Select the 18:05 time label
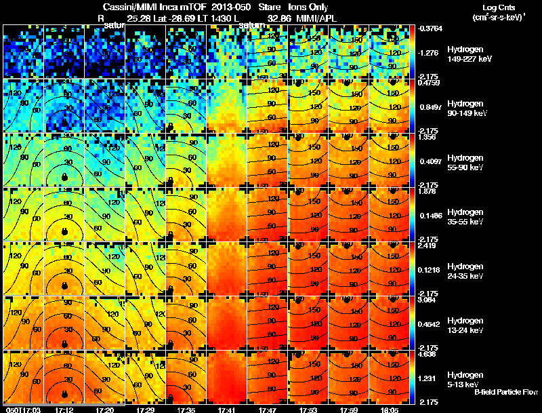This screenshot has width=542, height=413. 390,410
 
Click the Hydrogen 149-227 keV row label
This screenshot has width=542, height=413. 465,55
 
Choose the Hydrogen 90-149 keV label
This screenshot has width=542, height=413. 465,109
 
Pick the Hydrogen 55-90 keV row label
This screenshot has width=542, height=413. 465,163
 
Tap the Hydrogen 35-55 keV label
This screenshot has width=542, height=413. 465,217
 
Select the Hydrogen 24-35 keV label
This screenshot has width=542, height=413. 465,271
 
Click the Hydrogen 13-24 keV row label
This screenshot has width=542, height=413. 465,325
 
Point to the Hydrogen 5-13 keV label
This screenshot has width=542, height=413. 465,379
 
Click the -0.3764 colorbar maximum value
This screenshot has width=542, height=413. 431,28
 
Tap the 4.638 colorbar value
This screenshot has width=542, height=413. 428,353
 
